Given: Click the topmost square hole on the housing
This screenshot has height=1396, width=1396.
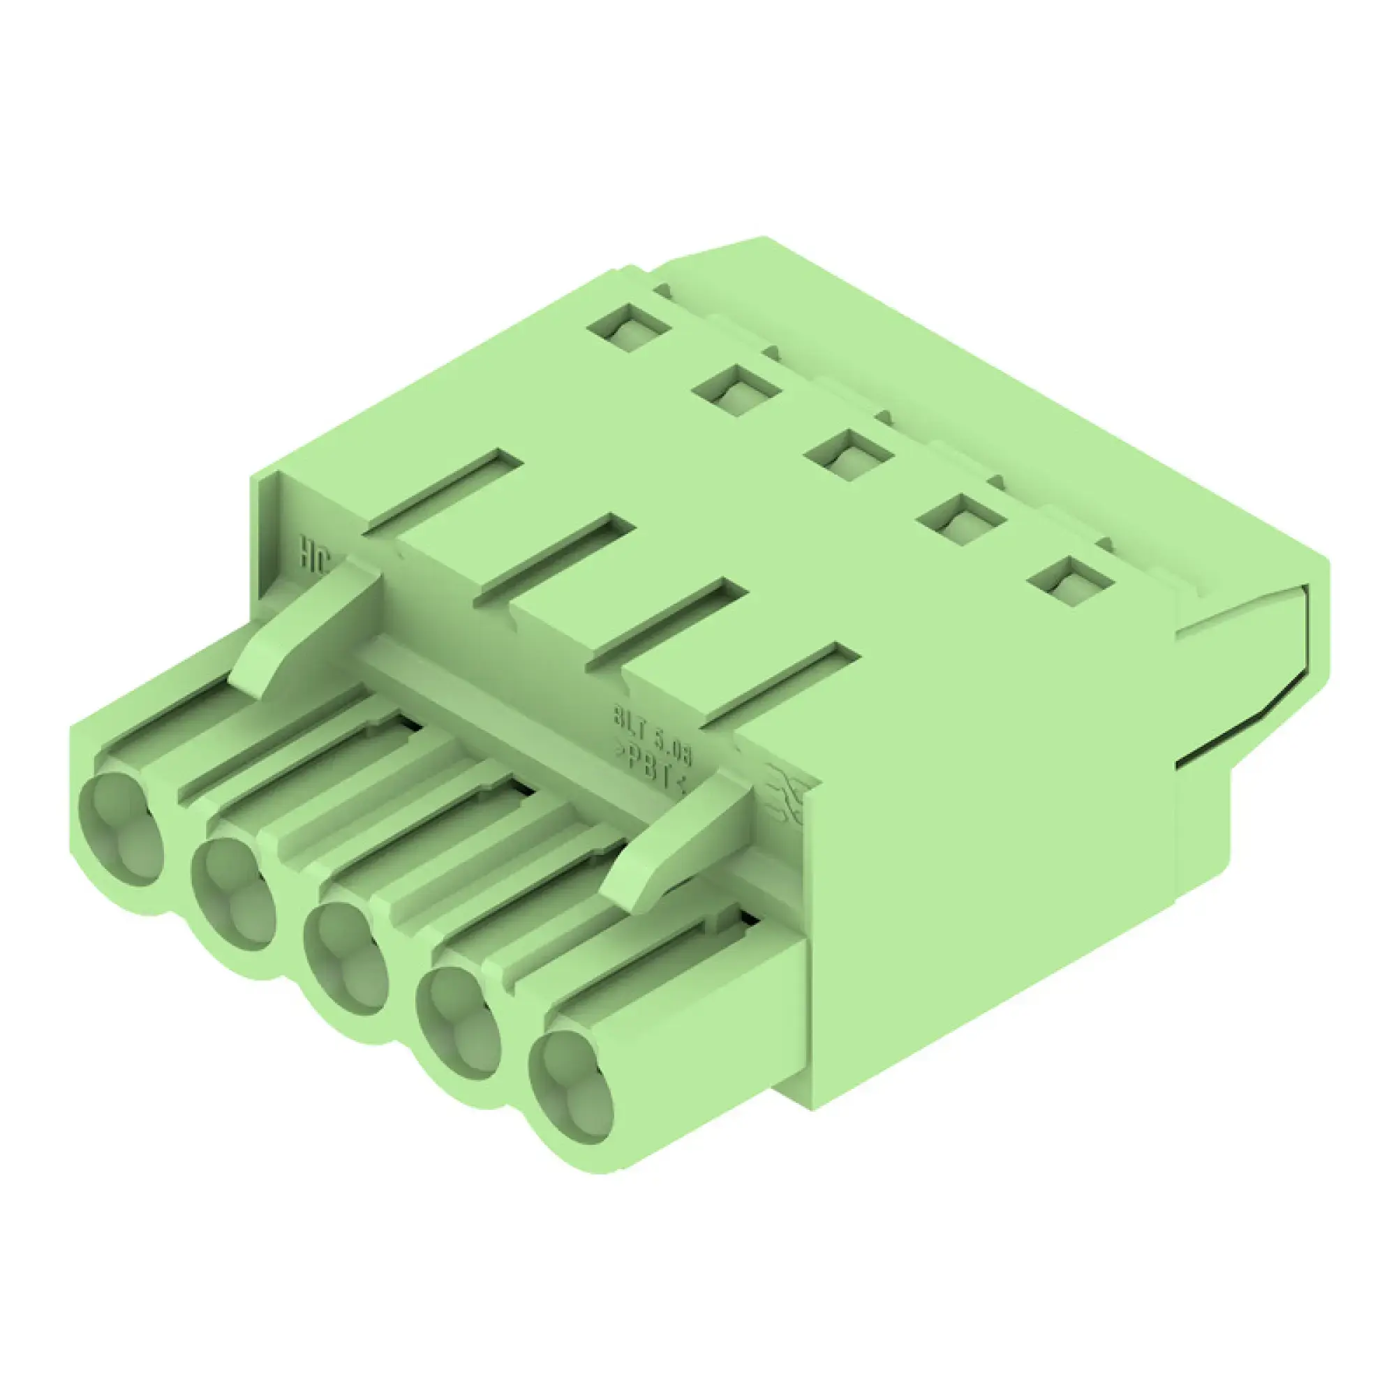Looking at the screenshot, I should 630,328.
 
